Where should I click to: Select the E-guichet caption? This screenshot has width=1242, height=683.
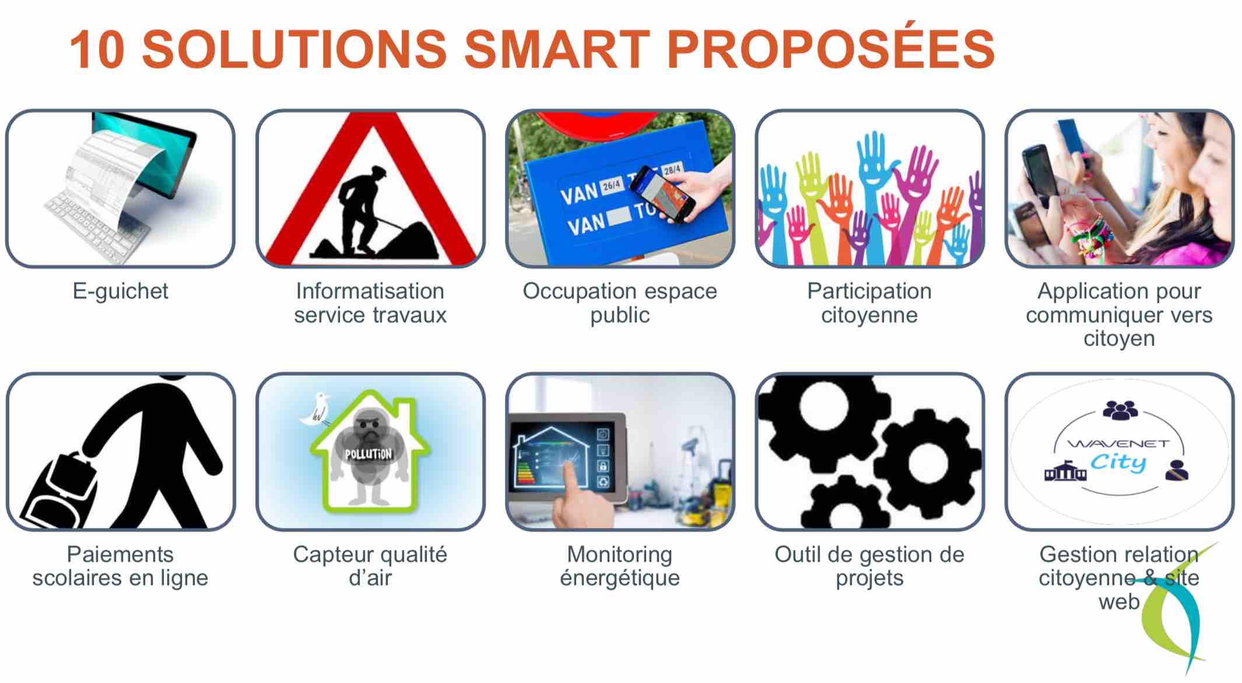pyautogui.click(x=120, y=291)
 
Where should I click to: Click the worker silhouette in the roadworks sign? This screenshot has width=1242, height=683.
pyautogui.click(x=362, y=210)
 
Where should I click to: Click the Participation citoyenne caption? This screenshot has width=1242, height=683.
pyautogui.click(x=869, y=303)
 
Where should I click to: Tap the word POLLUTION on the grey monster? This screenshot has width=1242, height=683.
pyautogui.click(x=368, y=453)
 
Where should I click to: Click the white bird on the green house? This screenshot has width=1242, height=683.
pyautogui.click(x=315, y=409)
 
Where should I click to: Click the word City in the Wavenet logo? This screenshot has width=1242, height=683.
pyautogui.click(x=1118, y=463)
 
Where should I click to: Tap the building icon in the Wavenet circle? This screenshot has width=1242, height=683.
pyautogui.click(x=1065, y=471)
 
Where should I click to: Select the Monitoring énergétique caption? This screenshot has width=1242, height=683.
pyautogui.click(x=620, y=566)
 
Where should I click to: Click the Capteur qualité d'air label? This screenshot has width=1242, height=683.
pyautogui.click(x=370, y=566)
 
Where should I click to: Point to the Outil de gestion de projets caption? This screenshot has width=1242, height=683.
pyautogui.click(x=869, y=566)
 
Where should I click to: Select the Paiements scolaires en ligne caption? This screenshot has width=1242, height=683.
pyautogui.click(x=120, y=566)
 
